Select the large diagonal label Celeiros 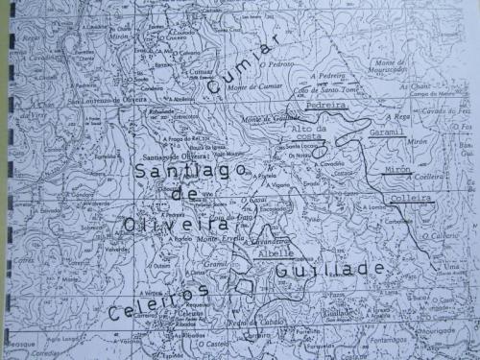pos(158,300)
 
